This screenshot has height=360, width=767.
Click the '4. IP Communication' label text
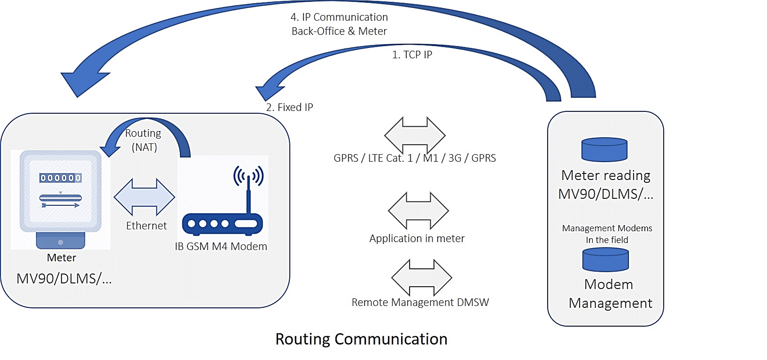coord(339,17)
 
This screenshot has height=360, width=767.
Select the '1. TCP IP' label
coord(412,55)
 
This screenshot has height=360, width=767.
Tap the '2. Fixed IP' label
coord(290,107)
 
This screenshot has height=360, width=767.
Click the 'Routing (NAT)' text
coord(143,140)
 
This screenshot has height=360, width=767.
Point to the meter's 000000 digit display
coord(61,178)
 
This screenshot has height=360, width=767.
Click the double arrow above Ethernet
coord(144,197)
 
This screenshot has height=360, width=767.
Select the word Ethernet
coord(146,226)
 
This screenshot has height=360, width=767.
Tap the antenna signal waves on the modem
coord(249,175)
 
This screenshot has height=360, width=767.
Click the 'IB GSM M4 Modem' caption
coord(221,247)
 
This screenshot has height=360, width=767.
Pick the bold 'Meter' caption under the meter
coord(61,258)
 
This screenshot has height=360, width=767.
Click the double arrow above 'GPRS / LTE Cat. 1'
coord(415,135)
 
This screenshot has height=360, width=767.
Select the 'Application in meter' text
coord(417,238)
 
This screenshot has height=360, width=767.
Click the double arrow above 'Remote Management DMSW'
coord(421,278)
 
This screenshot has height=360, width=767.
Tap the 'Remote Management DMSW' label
coord(420,302)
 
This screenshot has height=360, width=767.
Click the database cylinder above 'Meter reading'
coord(604,150)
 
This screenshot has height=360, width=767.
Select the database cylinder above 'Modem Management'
coord(606,260)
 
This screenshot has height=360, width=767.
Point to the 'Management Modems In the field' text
coord(607,234)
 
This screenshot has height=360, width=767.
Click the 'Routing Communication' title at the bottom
coord(361,339)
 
